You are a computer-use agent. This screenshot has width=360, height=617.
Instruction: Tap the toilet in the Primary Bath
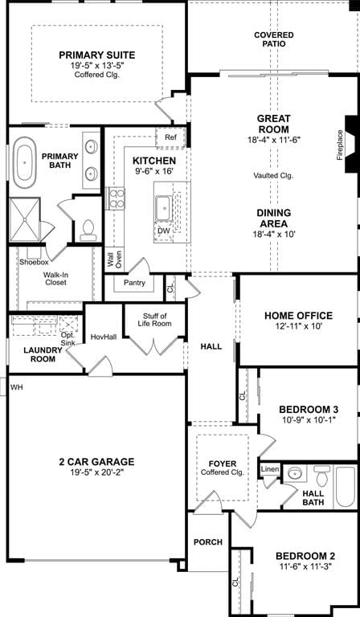[88, 231]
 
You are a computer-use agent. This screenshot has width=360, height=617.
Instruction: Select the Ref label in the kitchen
[170, 137]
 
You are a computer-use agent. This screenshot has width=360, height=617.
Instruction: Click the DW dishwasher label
[163, 231]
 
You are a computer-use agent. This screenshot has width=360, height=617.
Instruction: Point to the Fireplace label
[340, 145]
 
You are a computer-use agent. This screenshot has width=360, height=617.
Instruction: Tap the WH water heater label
[17, 387]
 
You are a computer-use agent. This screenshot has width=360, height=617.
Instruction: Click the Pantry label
[134, 283]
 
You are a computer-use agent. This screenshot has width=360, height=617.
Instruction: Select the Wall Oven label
[114, 260]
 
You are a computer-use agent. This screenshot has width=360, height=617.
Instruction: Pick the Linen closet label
[270, 469]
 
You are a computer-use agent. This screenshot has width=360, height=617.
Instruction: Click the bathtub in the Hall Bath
[345, 486]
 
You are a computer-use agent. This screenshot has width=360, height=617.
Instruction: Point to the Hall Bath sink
[296, 473]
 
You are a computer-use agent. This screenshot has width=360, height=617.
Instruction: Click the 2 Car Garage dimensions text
[96, 472]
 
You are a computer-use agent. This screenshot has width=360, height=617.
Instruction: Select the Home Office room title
[298, 316]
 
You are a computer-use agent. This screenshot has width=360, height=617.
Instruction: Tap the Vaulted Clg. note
[273, 175]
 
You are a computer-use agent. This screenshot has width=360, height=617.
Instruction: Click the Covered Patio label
[274, 39]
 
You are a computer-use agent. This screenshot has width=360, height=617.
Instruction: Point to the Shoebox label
[34, 262]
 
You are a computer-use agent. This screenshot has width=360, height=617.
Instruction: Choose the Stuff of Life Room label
[154, 320]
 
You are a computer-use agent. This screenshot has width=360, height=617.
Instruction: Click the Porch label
[208, 542]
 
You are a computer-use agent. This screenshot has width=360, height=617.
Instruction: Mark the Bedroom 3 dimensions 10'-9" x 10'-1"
[309, 420]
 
